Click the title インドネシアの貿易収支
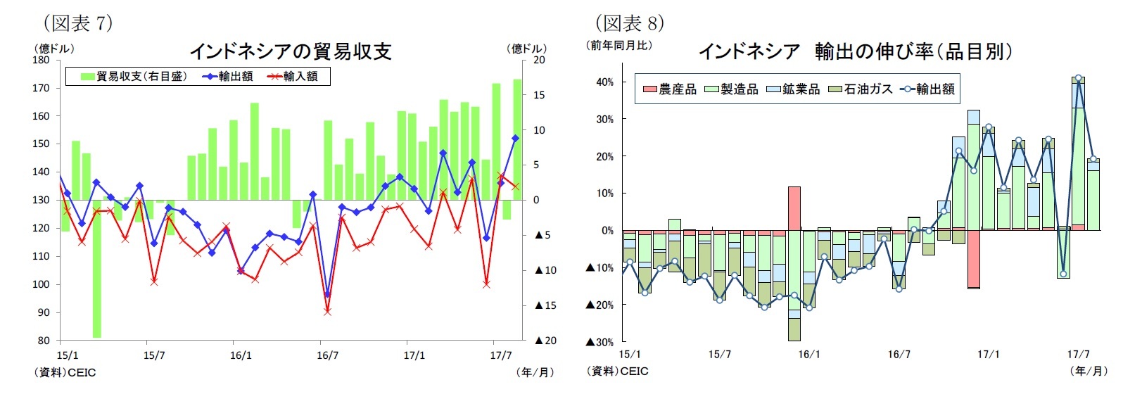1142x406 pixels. [290, 51]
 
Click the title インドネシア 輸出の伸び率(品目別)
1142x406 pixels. [855, 51]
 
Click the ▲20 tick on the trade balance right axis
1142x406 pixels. [545, 341]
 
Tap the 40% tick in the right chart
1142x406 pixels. [604, 82]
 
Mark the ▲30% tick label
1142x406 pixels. [599, 343]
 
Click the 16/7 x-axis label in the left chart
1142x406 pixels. [327, 355]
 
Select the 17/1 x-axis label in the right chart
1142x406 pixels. [988, 354]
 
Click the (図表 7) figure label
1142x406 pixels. [77, 23]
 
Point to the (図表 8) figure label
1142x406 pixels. [629, 23]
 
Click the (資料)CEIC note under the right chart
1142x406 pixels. [618, 371]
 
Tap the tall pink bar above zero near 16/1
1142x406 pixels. [794, 208]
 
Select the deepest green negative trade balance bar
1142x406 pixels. [96, 267]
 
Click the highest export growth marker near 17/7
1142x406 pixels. [1078, 78]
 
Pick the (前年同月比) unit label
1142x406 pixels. [620, 46]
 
